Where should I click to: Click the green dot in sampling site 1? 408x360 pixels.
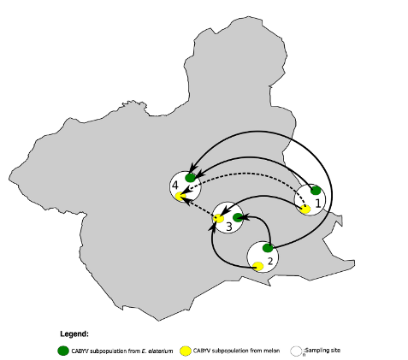pyautogui.click(x=316, y=191)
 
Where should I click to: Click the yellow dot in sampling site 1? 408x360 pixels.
pyautogui.click(x=305, y=210)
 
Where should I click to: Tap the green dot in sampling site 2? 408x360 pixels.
pyautogui.click(x=268, y=248)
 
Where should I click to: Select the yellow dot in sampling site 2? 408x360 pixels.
pyautogui.click(x=258, y=267)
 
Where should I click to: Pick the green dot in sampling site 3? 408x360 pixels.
pyautogui.click(x=238, y=218)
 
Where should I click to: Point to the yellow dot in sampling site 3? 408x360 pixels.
pyautogui.click(x=219, y=218)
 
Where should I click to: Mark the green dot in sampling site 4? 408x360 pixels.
pyautogui.click(x=190, y=178)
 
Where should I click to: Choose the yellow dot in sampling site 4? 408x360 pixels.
pyautogui.click(x=180, y=197)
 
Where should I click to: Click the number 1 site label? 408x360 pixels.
pyautogui.click(x=318, y=204)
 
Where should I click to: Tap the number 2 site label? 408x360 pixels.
pyautogui.click(x=270, y=261)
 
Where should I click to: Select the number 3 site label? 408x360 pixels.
pyautogui.click(x=229, y=227)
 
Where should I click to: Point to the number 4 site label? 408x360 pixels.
pyautogui.click(x=175, y=186)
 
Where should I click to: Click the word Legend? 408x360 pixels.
pyautogui.click(x=74, y=334)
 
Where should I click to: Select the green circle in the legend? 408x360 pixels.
pyautogui.click(x=63, y=351)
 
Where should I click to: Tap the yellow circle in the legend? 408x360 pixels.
pyautogui.click(x=186, y=351)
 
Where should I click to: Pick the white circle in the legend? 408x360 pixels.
pyautogui.click(x=296, y=351)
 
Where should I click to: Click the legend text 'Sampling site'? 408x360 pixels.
pyautogui.click(x=322, y=350)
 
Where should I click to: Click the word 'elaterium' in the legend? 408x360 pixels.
pyautogui.click(x=161, y=351)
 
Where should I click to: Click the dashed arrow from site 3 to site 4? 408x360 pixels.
pyautogui.click(x=198, y=206)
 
